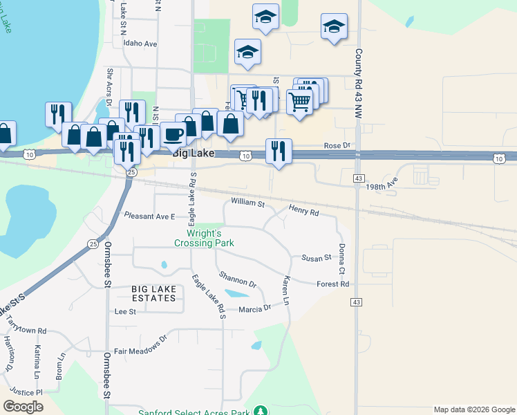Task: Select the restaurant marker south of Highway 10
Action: (x=279, y=151)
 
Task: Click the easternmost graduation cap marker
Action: (x=334, y=27)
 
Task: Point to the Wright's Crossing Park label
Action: (x=204, y=238)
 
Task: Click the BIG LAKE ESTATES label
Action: (x=153, y=293)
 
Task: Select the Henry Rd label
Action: (x=303, y=210)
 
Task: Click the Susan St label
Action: (x=317, y=258)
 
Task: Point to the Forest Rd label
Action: (x=332, y=284)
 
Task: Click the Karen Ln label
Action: (x=285, y=290)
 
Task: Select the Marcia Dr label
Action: (x=254, y=308)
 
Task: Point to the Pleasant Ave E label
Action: (x=149, y=216)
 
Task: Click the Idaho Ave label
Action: (x=140, y=43)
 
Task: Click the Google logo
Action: (x=23, y=407)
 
